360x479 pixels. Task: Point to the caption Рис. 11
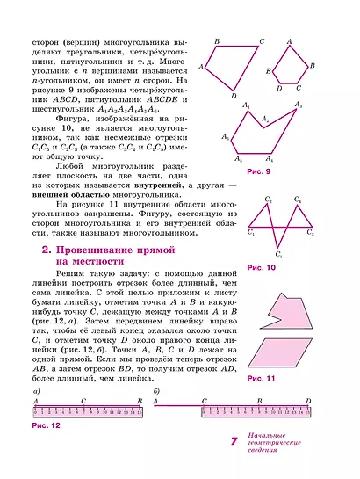click(262, 378)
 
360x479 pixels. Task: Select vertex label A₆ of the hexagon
click(226, 137)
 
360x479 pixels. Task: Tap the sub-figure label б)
click(156, 389)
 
